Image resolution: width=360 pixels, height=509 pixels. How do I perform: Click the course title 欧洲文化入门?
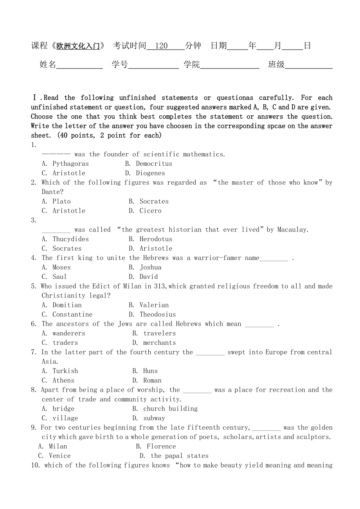78,46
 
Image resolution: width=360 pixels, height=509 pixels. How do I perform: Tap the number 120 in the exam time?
161,46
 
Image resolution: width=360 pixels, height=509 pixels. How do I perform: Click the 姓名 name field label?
48,65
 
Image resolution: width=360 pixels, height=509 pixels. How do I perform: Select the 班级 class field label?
276,65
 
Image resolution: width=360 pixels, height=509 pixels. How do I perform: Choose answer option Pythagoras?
70,164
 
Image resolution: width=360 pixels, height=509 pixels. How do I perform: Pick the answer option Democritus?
154,164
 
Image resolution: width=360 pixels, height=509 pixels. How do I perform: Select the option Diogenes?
150,173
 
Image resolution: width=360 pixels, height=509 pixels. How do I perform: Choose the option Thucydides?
70,239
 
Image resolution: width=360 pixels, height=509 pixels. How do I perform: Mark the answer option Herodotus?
156,239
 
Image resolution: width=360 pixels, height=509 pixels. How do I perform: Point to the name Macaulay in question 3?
292,230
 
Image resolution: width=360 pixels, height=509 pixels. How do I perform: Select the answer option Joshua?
150,267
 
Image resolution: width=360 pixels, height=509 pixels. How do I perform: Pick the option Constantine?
72,315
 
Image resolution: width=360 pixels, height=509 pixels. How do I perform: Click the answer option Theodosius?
158,315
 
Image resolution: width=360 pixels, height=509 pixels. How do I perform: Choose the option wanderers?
68,333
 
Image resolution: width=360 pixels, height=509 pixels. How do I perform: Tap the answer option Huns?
150,371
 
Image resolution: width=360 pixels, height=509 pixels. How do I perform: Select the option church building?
170,409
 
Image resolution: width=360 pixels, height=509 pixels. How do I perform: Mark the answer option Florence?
161,446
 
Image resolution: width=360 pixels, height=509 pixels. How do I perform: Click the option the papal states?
179,456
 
